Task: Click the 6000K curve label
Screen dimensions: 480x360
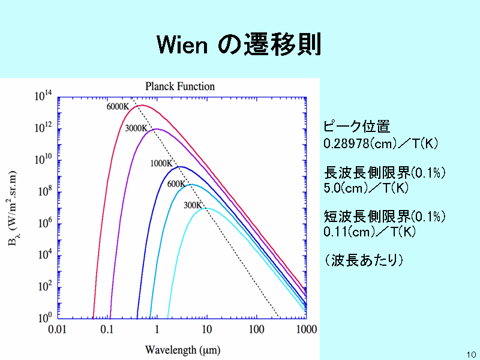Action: [118, 107]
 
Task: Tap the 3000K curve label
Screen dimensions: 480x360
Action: [136, 128]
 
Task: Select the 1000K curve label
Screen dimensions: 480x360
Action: [161, 164]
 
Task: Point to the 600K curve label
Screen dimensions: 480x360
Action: [176, 184]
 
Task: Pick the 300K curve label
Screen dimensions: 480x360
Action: [193, 205]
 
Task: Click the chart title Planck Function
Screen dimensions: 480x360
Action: [180, 86]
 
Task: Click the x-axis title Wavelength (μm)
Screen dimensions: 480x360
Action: [183, 350]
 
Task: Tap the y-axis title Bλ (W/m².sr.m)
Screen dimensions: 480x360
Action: [12, 208]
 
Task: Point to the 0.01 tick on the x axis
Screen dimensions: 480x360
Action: [57, 329]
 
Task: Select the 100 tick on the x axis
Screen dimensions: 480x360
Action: [257, 329]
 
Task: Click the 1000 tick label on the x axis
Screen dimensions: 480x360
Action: [307, 329]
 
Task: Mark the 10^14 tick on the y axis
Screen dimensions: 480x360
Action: [43, 96]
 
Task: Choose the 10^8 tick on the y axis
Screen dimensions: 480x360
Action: [45, 191]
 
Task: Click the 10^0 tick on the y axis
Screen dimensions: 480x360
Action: [45, 318]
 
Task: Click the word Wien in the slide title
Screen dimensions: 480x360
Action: [182, 45]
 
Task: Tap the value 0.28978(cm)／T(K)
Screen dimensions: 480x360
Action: [381, 143]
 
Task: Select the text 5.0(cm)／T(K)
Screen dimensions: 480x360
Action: [366, 188]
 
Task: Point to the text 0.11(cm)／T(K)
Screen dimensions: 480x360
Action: [370, 232]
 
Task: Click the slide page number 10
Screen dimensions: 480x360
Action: [472, 355]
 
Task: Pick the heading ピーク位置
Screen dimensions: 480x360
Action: [357, 127]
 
